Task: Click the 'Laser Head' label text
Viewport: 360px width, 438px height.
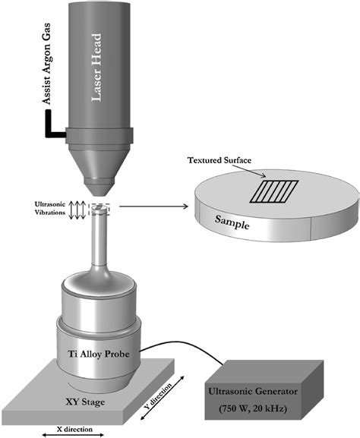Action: [x=96, y=68]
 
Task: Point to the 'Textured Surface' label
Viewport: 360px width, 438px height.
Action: [x=219, y=160]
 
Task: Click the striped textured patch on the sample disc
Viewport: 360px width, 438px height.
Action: [x=274, y=191]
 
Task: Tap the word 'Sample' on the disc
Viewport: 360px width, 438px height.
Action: [x=232, y=222]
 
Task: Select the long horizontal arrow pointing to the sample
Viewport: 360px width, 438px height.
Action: [x=153, y=206]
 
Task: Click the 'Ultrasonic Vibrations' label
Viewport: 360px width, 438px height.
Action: [x=50, y=209]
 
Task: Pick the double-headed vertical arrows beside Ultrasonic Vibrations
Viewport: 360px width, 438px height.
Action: [x=77, y=210]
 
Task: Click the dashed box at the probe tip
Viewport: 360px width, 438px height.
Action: [x=99, y=210]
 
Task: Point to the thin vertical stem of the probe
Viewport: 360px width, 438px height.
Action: [x=99, y=240]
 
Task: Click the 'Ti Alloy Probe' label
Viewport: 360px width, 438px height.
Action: [x=99, y=354]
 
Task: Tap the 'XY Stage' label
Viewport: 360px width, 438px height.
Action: [x=85, y=402]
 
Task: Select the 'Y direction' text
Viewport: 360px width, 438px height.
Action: [x=158, y=396]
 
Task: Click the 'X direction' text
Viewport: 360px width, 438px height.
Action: [x=74, y=429]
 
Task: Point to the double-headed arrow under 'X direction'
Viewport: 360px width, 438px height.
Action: [x=73, y=435]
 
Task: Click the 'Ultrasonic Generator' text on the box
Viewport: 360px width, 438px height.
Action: [x=253, y=392]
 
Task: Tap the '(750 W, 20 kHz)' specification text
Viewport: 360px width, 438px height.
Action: [x=253, y=409]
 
